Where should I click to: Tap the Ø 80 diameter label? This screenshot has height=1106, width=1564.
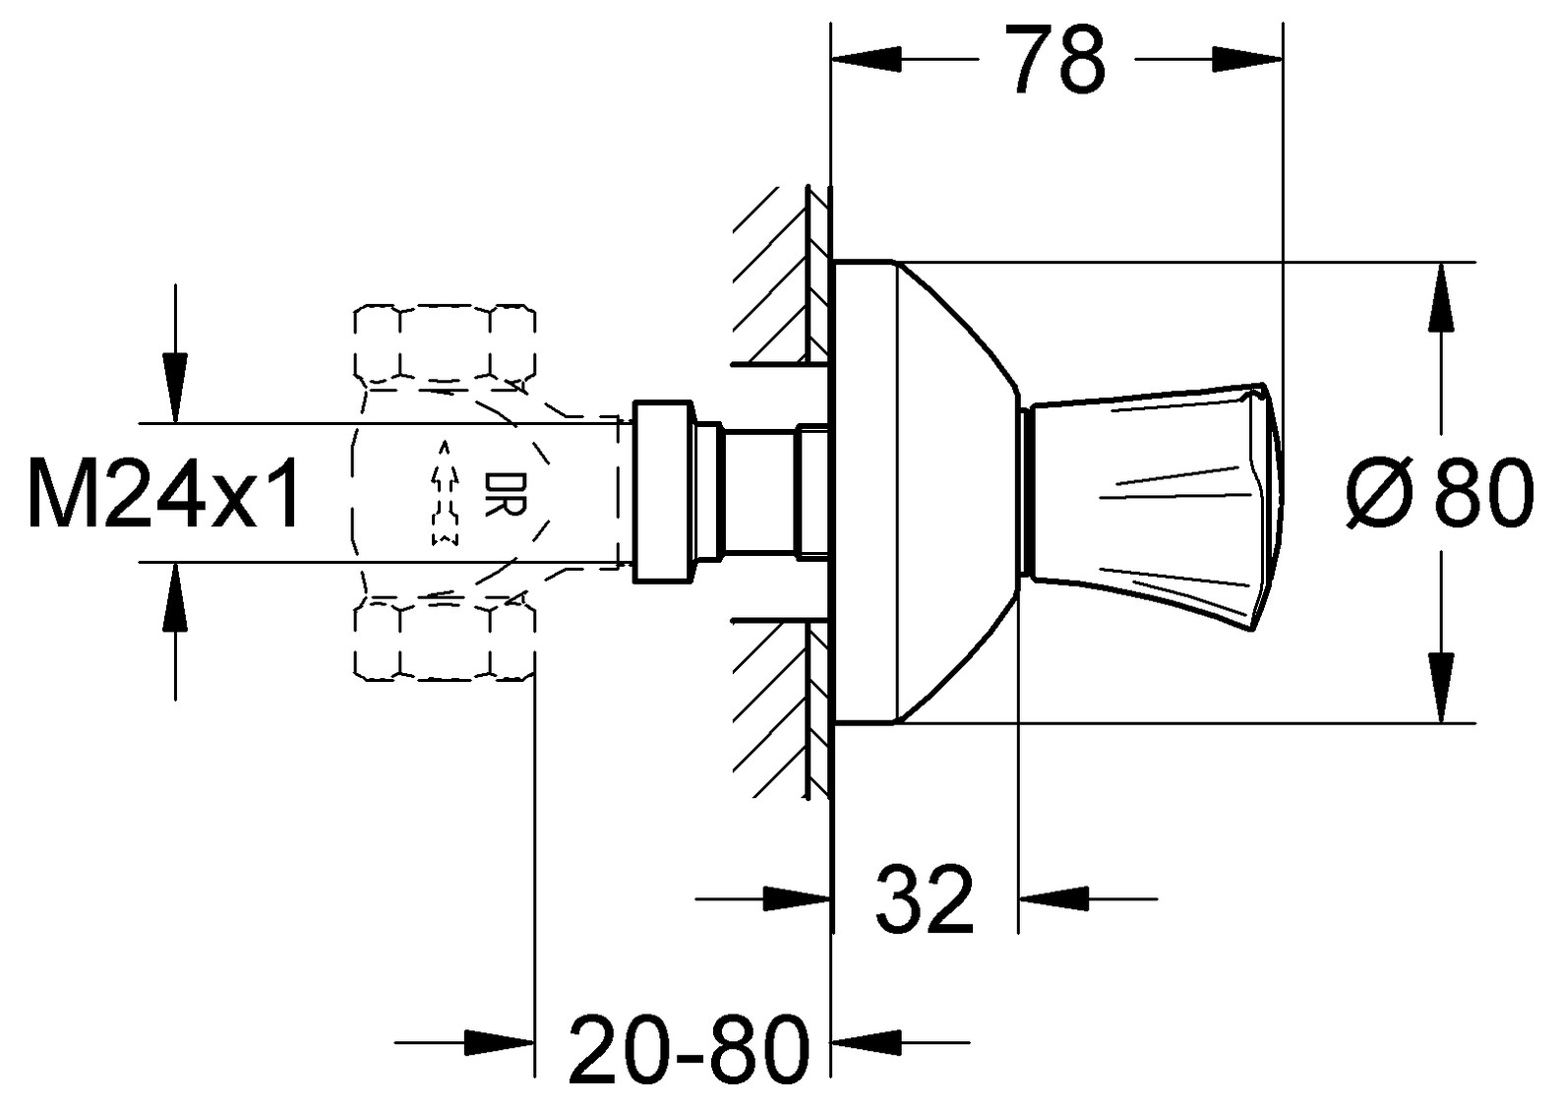[1440, 492]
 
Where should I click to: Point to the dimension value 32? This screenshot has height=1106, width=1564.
[925, 899]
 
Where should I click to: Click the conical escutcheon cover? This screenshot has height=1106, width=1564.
[927, 493]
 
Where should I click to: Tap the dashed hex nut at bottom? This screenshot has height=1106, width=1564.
[446, 640]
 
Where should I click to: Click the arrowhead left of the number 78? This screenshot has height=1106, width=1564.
[865, 59]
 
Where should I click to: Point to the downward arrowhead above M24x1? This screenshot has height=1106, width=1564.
[175, 389]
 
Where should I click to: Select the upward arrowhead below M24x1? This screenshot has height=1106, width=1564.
[175, 596]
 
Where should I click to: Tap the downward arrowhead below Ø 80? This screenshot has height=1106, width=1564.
[1439, 688]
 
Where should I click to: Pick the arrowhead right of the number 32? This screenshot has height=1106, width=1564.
[1053, 899]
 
